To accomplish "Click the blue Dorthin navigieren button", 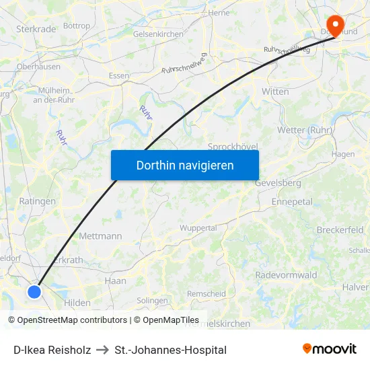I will [x=185, y=165].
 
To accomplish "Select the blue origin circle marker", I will [x=34, y=291].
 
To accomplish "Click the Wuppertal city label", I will [x=198, y=228].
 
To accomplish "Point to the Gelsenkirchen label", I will [x=159, y=34].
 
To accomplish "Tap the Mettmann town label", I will [x=100, y=236].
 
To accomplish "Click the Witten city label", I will [x=276, y=91].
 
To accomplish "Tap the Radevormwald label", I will [x=286, y=275].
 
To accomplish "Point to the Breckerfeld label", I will [x=340, y=230].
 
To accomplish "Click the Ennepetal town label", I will [x=292, y=202].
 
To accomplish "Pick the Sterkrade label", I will [x=35, y=29].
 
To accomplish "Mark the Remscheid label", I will [x=206, y=294].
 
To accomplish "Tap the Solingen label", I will [x=152, y=301].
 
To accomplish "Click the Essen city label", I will [x=118, y=76].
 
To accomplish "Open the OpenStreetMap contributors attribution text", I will [x=67, y=320].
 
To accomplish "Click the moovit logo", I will [x=330, y=348].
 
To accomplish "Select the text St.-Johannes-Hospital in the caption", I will [x=170, y=350].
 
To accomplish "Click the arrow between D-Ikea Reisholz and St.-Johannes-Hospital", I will [x=103, y=350].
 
